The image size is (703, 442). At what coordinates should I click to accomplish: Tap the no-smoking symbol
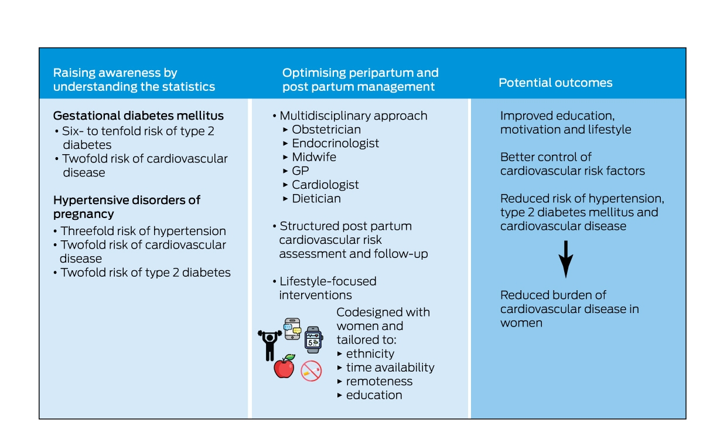(311, 371)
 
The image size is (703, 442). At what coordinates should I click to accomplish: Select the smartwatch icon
(313, 339)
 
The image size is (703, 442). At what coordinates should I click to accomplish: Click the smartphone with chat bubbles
(292, 329)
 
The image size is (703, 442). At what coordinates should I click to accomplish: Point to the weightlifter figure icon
(269, 345)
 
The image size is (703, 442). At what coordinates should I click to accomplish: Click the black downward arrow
(566, 259)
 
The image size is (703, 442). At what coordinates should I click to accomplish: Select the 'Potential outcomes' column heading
(555, 83)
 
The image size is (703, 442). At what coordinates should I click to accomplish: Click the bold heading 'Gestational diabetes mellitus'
(138, 115)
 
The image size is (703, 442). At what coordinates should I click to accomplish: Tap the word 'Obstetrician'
(326, 130)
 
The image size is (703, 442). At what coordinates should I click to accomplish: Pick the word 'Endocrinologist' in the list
(336, 143)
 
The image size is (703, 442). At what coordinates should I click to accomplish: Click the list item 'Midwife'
(314, 157)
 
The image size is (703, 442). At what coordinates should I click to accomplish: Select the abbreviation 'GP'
(301, 171)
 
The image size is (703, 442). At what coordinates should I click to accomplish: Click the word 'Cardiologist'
(326, 185)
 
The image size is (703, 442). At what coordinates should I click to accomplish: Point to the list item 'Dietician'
(316, 199)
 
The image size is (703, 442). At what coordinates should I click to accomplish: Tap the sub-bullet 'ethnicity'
(370, 353)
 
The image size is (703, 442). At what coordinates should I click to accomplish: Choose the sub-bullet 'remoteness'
(380, 382)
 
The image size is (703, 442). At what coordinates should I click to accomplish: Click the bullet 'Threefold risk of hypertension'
(144, 231)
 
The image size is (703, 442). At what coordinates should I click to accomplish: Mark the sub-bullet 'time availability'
(390, 368)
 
